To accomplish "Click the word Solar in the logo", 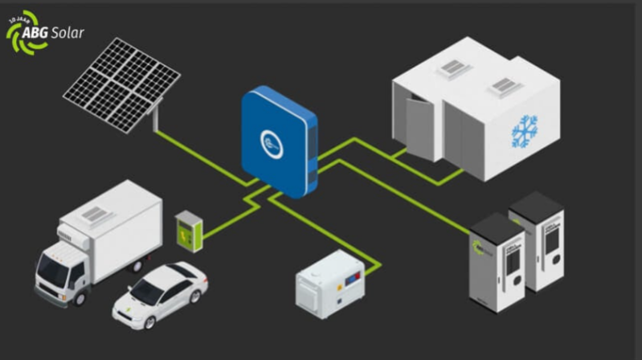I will (67, 32).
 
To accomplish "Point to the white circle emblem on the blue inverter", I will (272, 144).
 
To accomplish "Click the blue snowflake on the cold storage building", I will (525, 132).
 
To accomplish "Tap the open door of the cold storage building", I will (419, 127).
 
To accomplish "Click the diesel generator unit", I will (330, 283).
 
